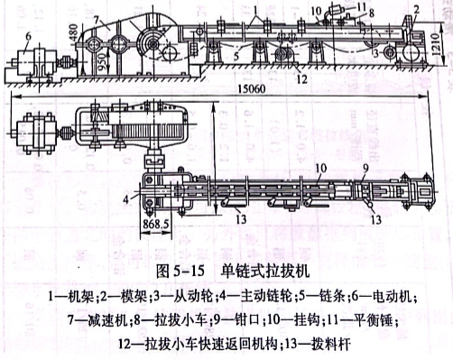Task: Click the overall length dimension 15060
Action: [x=237, y=90]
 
